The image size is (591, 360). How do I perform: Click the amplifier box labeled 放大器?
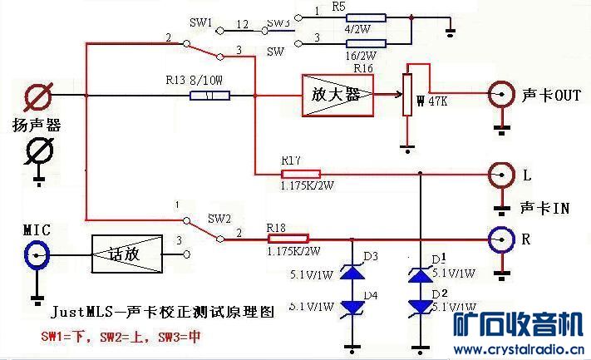tap(337, 95)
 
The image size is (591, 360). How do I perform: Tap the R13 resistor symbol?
tap(210, 96)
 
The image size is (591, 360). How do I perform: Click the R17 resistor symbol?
tap(301, 174)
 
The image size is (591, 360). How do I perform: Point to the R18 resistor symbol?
tap(288, 238)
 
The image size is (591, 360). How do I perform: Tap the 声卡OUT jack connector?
tap(500, 94)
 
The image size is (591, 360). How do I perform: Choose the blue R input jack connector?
tap(500, 239)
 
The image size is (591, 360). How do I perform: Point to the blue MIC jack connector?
tap(37, 256)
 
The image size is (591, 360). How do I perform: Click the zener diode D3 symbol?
tap(353, 272)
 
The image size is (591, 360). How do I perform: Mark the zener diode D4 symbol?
tap(353, 307)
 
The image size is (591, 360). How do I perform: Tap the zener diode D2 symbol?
tap(421, 307)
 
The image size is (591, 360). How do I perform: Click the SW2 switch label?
tap(219, 219)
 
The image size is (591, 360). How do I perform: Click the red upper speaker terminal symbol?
tap(37, 96)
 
